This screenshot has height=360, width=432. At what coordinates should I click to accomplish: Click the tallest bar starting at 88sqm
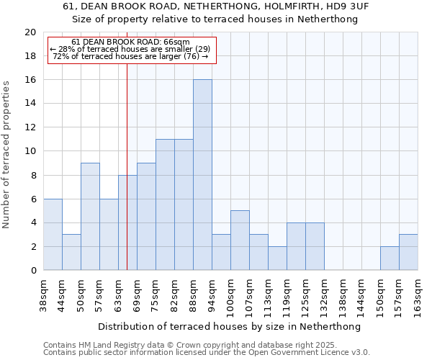click(202, 175)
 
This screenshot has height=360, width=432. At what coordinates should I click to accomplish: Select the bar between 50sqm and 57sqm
click(90, 217)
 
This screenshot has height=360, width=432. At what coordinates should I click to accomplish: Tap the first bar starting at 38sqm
click(53, 235)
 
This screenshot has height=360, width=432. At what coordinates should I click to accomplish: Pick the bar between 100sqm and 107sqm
click(240, 240)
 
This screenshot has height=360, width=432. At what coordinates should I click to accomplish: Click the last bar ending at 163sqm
click(408, 253)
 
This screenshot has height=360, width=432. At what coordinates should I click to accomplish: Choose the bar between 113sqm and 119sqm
click(277, 258)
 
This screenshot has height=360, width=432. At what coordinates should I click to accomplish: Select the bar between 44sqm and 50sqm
click(71, 253)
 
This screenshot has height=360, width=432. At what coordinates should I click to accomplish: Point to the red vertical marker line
click(127, 180)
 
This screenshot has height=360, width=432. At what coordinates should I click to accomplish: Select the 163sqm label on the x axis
click(418, 294)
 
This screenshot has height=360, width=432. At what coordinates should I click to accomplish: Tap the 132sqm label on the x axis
click(325, 294)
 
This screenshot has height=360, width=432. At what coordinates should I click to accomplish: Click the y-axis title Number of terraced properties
click(7, 154)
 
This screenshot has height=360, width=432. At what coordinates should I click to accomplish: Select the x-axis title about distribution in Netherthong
click(230, 327)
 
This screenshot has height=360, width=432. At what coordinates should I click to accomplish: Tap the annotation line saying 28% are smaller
click(130, 49)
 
